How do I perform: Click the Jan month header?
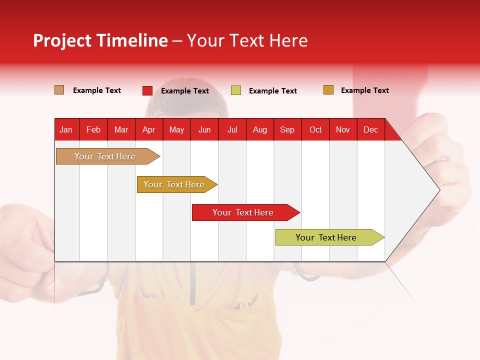[66, 129]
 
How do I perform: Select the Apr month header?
[149, 129]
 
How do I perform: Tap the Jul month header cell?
[232, 129]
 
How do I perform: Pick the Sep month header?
[287, 129]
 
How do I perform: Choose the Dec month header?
[370, 129]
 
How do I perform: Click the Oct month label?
[315, 129]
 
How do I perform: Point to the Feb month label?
[93, 129]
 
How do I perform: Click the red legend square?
[147, 90]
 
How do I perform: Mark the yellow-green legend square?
[236, 90]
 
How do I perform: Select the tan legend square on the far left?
[59, 90]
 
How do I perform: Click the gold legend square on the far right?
[328, 90]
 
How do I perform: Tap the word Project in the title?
[62, 40]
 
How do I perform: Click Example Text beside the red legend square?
[185, 91]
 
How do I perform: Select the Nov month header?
[343, 129]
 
